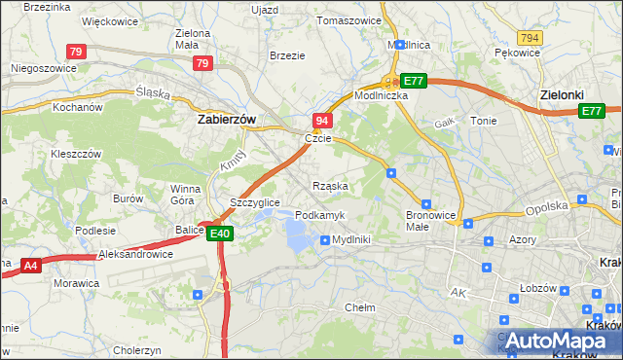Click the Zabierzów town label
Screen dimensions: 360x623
coord(226,119)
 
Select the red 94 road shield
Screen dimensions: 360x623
coord(322,120)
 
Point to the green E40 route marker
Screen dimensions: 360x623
coord(219,234)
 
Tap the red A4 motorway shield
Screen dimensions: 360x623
coord(30,264)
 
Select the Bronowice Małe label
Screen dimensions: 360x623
coord(430,220)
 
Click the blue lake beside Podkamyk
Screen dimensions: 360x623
coord(298,233)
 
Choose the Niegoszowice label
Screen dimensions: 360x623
coord(42,68)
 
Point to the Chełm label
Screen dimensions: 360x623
coord(360,306)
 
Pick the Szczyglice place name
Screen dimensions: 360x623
coord(255,202)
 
